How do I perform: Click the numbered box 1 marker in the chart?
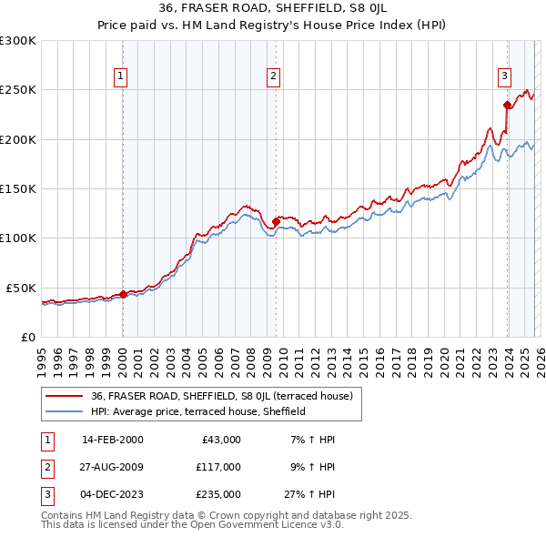click(122, 76)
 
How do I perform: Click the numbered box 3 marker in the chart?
click(504, 76)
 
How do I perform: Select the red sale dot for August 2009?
click(276, 221)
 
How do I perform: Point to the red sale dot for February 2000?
click(123, 294)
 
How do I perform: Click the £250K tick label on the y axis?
click(17, 90)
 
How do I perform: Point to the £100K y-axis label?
click(17, 238)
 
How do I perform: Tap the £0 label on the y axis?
click(28, 337)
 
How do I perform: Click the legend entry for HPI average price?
click(197, 411)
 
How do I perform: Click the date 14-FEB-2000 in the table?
click(112, 440)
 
